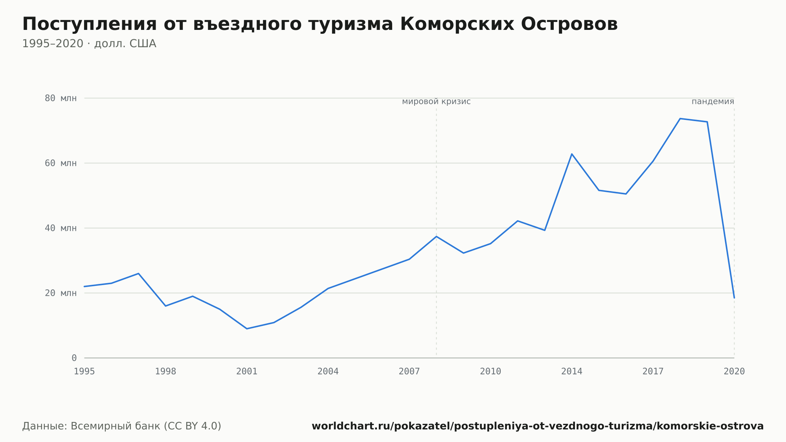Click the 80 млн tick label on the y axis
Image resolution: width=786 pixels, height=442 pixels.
coord(61,98)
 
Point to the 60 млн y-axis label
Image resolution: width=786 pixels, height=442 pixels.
coord(61,163)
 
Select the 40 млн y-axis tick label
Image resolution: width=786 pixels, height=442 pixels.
coord(61,228)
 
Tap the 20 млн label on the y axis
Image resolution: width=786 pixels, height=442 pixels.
coord(61,293)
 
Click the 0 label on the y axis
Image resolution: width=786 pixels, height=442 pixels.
coord(74,358)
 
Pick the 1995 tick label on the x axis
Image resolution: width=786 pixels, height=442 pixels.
coord(84,372)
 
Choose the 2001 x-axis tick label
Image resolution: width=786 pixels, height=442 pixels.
coord(247,372)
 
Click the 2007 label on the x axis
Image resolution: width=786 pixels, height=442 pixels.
coord(409,372)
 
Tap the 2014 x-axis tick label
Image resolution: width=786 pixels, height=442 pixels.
coord(572,372)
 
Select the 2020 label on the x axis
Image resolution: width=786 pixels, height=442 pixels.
coord(734,372)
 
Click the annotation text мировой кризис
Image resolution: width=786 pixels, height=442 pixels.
coord(436,102)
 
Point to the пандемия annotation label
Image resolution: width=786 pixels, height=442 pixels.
coord(713,101)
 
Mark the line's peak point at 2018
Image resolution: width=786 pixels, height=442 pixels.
coord(680,118)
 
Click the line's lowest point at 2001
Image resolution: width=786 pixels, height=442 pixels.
coord(247,329)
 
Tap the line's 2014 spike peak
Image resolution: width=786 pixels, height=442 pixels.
coord(572,154)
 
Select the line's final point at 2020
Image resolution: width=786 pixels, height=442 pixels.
coord(734,298)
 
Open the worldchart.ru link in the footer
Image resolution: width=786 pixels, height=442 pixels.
coord(538,426)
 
